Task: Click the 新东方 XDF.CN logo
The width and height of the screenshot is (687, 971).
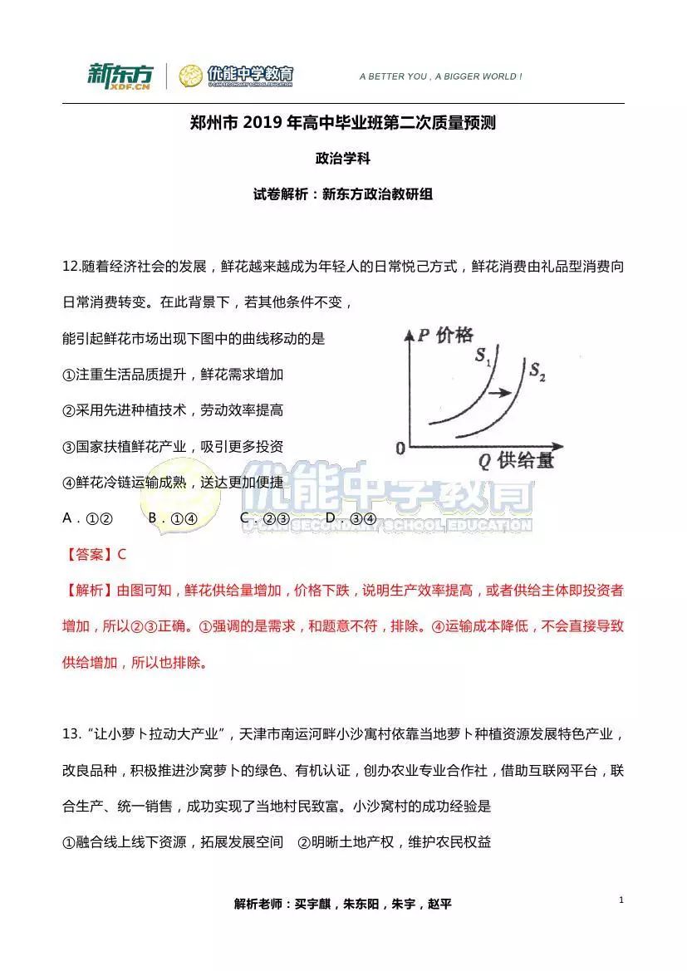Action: (x=120, y=76)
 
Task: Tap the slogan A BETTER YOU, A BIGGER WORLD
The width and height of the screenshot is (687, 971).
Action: (x=440, y=76)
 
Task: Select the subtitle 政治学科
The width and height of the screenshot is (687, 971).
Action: (x=342, y=158)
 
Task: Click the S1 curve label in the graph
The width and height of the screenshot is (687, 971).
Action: (x=483, y=357)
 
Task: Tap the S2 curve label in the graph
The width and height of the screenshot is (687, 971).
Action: (x=537, y=370)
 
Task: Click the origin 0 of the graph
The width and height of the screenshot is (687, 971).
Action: (x=400, y=449)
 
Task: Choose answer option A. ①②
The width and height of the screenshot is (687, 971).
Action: (x=88, y=518)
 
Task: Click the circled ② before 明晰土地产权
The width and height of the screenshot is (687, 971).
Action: (x=304, y=842)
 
